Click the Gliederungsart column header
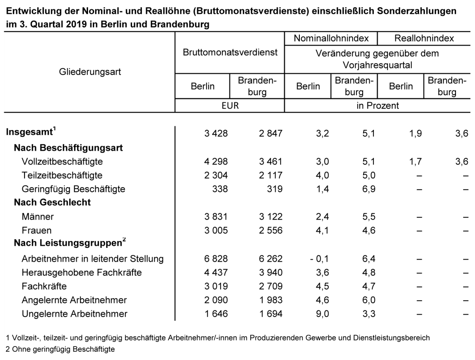tap(90, 72)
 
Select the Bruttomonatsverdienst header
tap(230, 52)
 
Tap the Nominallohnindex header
tap(331, 38)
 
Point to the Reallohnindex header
tap(424, 38)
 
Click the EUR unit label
tap(230, 105)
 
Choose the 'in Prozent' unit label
tap(377, 105)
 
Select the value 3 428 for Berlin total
tap(216, 133)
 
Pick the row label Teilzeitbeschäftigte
tap(62, 175)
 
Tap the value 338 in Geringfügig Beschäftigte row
tap(220, 189)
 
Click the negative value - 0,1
tap(319, 259)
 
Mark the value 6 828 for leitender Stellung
tap(216, 259)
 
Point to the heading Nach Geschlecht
tap(52, 202)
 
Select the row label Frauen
tap(36, 230)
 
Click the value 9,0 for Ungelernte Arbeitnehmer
tap(322, 314)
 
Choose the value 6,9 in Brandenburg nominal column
tap(369, 189)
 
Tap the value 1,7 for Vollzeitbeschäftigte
tap(415, 161)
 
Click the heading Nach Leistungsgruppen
tap(70, 243)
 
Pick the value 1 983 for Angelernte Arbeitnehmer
tap(270, 300)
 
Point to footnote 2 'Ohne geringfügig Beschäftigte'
tap(60, 349)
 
